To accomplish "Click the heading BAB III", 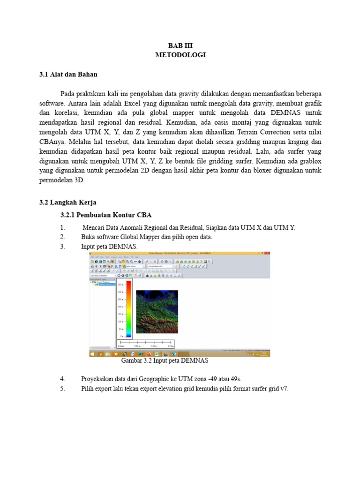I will tap(180, 45).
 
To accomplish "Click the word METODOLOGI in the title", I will tap(180, 55).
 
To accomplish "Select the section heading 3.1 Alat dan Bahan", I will tap(68, 74).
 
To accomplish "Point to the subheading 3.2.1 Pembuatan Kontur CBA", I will tap(106, 215).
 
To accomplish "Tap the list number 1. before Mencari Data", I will tap(62, 228).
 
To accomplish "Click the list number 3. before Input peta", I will tap(62, 247).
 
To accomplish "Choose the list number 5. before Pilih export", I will tap(62, 389).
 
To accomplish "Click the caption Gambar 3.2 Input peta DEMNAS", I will tap(165, 361).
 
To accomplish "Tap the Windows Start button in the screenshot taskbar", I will tap(92, 354).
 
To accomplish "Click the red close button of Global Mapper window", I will tap(268, 254).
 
